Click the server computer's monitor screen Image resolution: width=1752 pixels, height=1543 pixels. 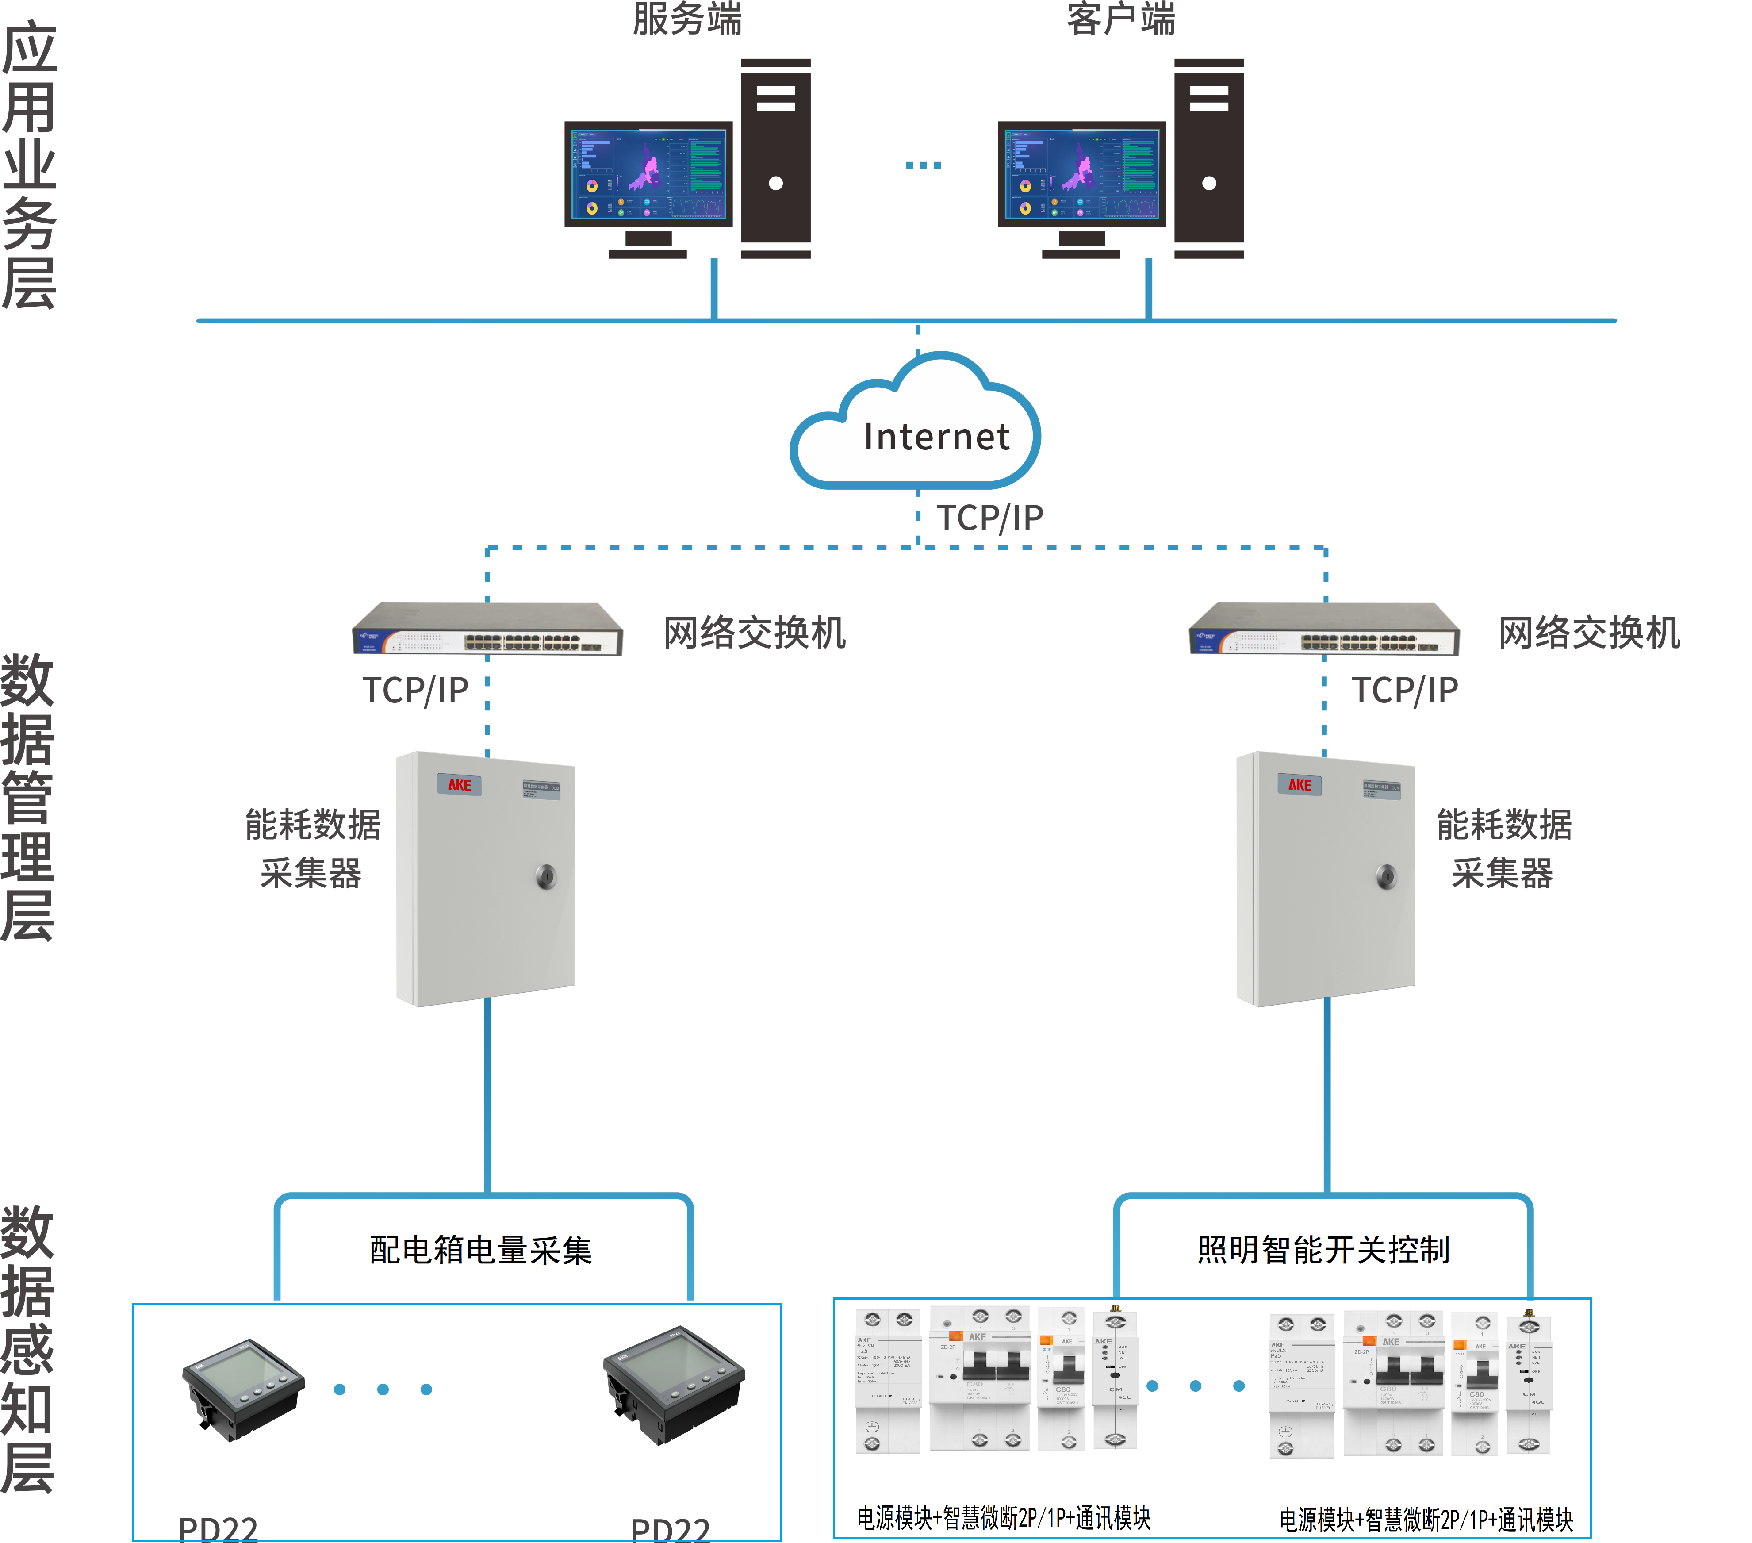[x=648, y=174]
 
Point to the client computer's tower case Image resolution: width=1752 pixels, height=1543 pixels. [x=1208, y=158]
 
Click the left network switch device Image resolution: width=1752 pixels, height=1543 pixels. [x=487, y=630]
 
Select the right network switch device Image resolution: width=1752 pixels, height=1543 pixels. [x=1324, y=630]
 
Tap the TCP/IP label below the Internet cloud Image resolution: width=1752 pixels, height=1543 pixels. [x=990, y=518]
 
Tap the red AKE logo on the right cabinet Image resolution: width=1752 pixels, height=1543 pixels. [x=1300, y=784]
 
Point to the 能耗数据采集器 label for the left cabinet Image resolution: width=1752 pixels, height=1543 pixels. [x=312, y=848]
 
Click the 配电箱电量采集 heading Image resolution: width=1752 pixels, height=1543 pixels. [x=481, y=1250]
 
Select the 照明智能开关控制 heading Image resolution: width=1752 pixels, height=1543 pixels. [x=1323, y=1250]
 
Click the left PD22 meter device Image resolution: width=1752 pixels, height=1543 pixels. [x=242, y=1389]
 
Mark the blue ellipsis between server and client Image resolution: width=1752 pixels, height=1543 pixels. [x=923, y=165]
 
